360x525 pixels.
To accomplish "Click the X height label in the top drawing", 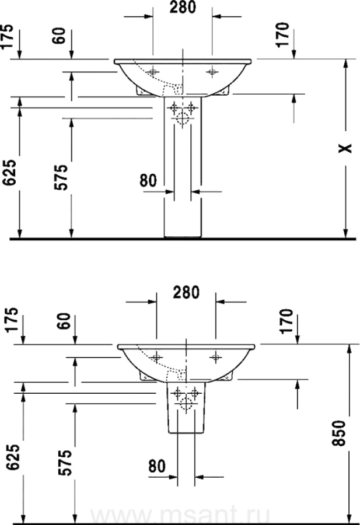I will click(x=347, y=148).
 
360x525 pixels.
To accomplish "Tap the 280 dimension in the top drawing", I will click(x=183, y=8).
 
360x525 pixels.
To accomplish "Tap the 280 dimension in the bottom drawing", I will click(x=187, y=292).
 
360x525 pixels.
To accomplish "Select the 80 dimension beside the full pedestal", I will click(x=149, y=180).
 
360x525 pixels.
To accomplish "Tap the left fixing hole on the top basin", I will click(x=153, y=72).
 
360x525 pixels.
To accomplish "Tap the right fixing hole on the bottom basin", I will click(x=216, y=356).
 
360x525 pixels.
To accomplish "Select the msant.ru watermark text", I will click(x=216, y=516).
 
